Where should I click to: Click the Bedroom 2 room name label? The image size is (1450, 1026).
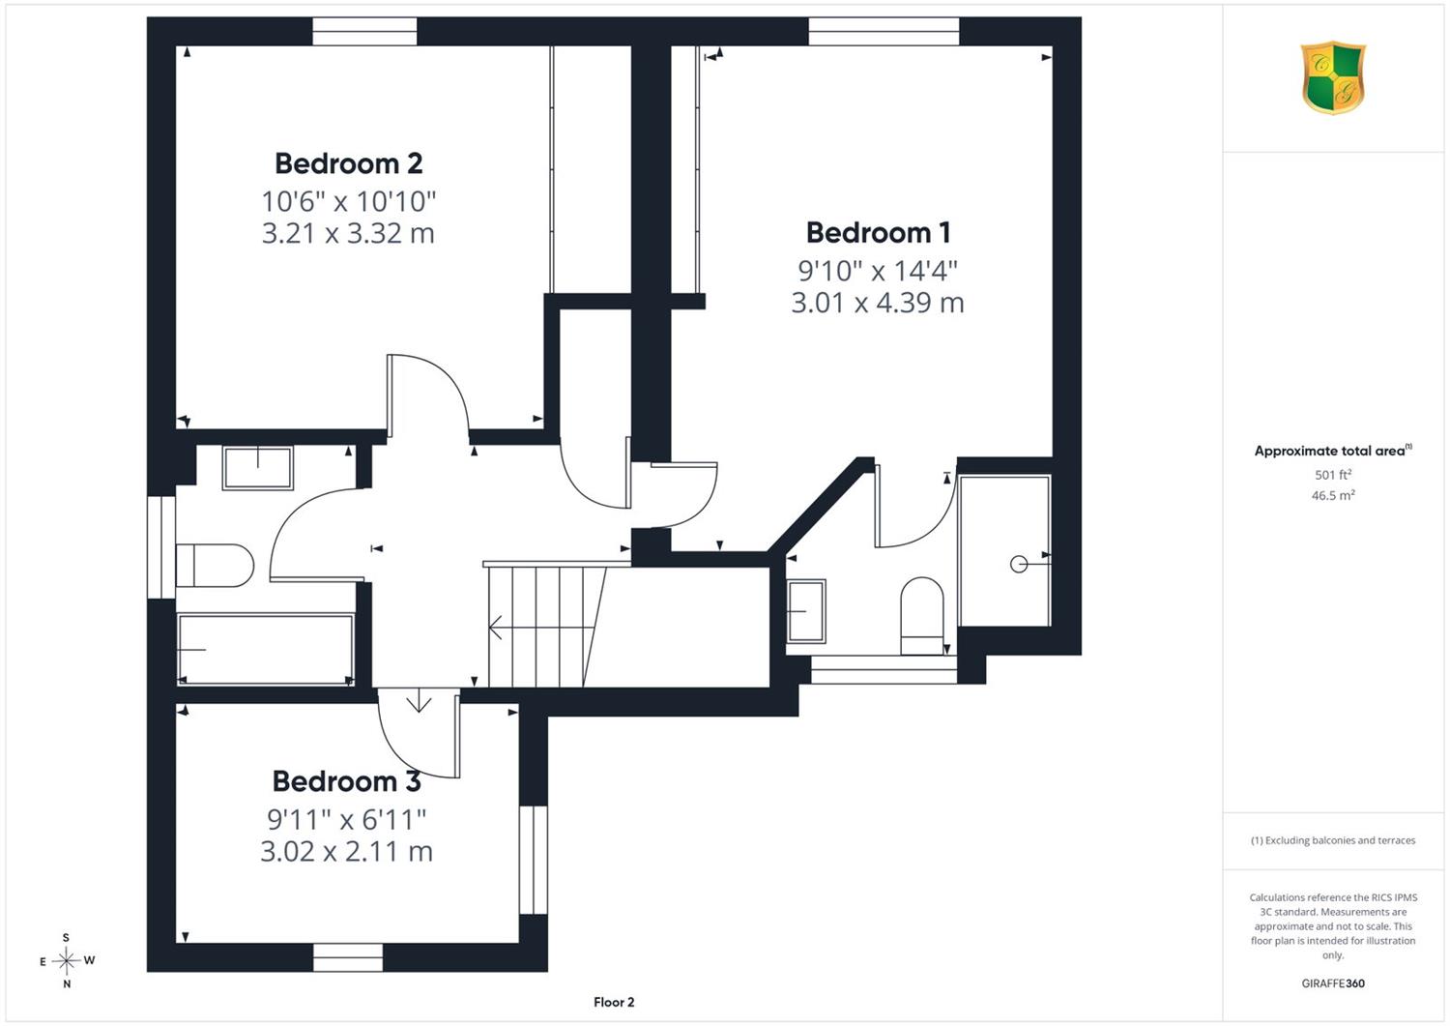(x=348, y=163)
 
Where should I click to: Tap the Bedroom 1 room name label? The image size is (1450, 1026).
(x=879, y=232)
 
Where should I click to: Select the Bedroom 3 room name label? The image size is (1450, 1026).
(x=347, y=781)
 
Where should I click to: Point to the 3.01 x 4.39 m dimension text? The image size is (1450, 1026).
(x=878, y=303)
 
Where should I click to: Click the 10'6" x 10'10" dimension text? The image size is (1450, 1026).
(x=348, y=201)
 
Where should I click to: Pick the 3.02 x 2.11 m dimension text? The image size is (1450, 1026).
(x=346, y=851)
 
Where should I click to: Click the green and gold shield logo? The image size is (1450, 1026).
(x=1333, y=77)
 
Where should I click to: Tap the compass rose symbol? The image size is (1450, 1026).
(x=67, y=960)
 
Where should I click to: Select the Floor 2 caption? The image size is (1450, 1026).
(x=614, y=1002)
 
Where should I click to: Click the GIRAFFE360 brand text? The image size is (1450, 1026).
(x=1333, y=983)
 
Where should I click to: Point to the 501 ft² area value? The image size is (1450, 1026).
(x=1333, y=475)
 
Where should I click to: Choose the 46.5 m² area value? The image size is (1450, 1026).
(x=1333, y=495)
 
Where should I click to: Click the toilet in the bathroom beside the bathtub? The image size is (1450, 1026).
(x=215, y=566)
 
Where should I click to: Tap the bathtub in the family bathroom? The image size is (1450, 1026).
(x=266, y=650)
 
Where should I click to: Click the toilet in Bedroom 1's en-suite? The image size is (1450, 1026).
(x=922, y=616)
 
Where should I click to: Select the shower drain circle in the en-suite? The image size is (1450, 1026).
(x=1019, y=565)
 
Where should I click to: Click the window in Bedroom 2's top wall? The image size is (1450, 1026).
(x=364, y=31)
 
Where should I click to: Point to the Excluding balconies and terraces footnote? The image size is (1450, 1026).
(x=1333, y=840)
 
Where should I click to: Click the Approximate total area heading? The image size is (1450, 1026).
(x=1333, y=451)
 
